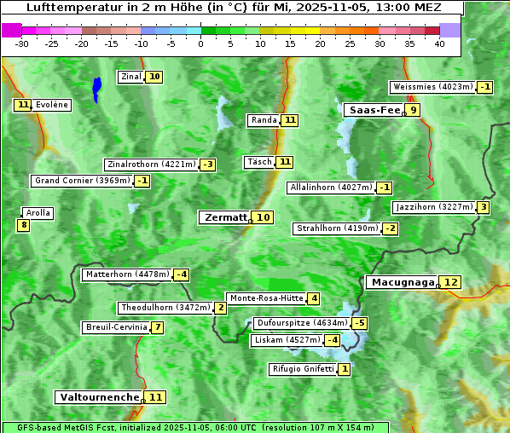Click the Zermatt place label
[x=225, y=217]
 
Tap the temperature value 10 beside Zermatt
[x=264, y=217]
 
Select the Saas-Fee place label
[x=374, y=110]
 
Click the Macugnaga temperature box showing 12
[x=451, y=282]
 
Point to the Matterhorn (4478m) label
[x=127, y=274]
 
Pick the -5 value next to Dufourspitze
[x=360, y=323]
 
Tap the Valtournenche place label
[x=98, y=397]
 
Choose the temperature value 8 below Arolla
[x=23, y=225]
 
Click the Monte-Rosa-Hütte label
[x=266, y=298]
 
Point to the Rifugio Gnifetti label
[x=303, y=369]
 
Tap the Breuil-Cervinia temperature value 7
[x=158, y=327]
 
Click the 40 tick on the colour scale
[x=439, y=43]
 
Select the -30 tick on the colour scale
[x=22, y=43]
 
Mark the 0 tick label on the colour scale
[x=201, y=43]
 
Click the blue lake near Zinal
[x=96, y=88]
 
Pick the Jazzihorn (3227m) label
[x=434, y=207]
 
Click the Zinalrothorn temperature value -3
[x=207, y=165]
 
